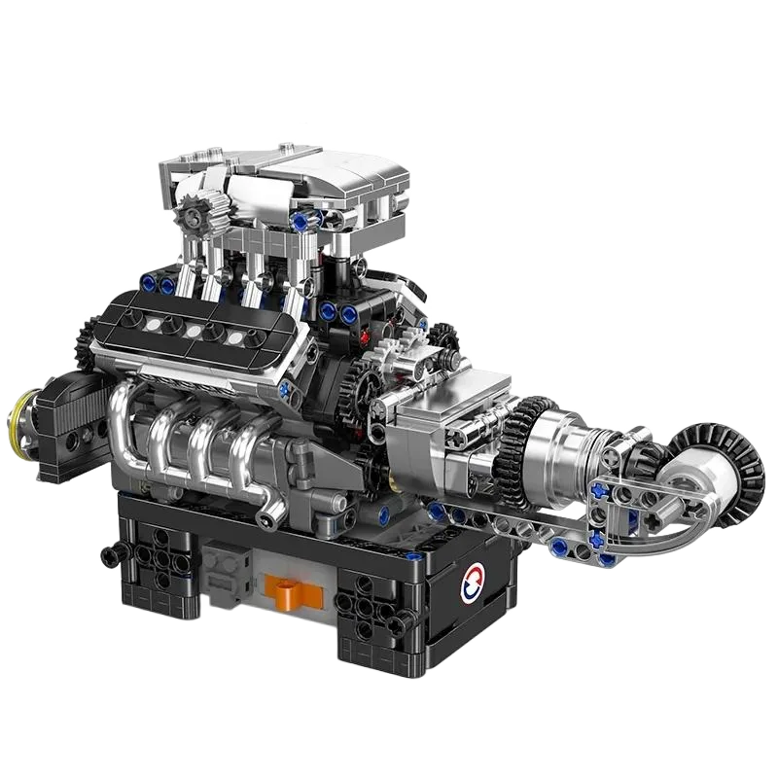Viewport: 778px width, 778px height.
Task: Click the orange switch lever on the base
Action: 285,586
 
